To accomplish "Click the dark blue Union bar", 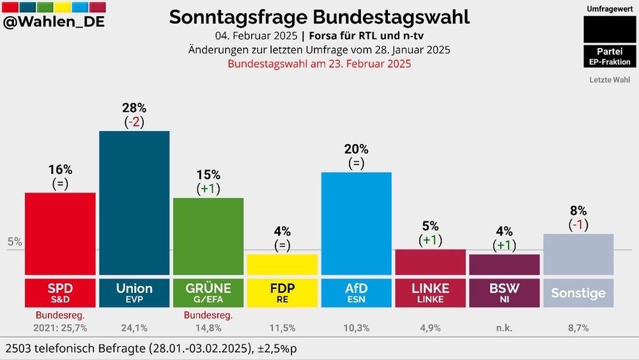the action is coord(134,203).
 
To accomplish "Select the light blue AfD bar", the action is coord(356,223).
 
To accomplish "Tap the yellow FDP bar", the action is coord(282,265).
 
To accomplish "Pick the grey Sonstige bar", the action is coord(578,254).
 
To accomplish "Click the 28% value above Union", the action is coord(134,107).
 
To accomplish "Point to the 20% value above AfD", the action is coord(356,149).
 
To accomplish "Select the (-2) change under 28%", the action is coord(134,122).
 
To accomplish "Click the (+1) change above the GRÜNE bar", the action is coord(208,189).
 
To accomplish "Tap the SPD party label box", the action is coord(60,293).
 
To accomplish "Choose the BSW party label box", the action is coord(504,293).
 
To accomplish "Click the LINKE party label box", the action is coord(430,293).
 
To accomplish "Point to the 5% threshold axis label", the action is coord(15,242).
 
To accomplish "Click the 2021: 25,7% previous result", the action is coord(60,328).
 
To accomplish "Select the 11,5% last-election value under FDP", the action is coord(282,328).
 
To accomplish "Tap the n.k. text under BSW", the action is coord(504,328).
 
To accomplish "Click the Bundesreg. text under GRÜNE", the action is coord(208,315).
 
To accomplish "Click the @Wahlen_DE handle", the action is coord(54,22).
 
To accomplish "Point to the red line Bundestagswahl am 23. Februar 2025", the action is coord(319,64).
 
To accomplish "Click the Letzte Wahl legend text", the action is coord(610,80).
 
